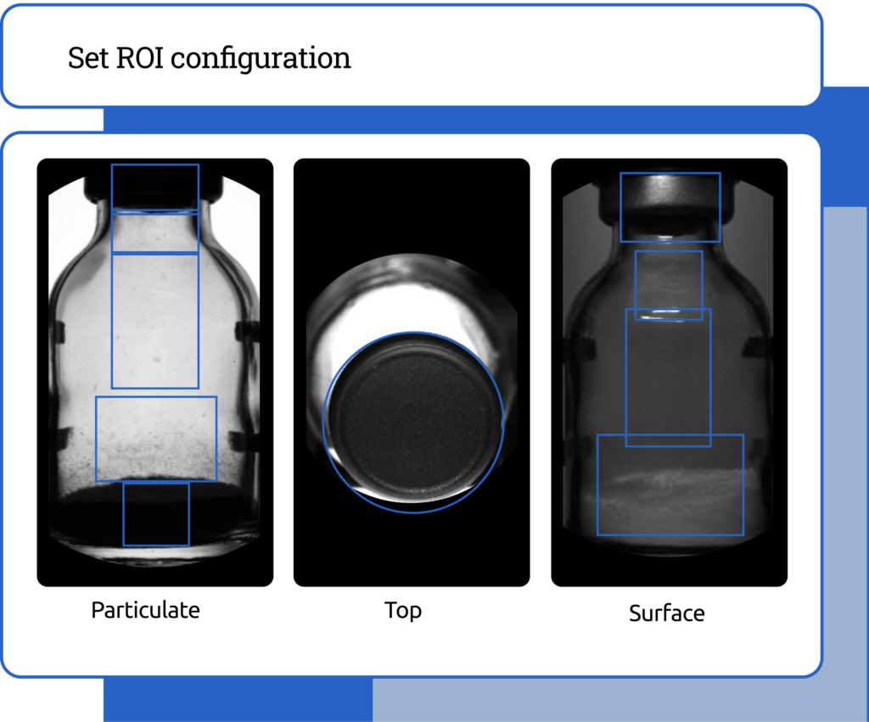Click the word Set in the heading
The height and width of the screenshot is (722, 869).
(x=88, y=58)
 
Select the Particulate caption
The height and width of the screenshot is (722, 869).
(x=145, y=610)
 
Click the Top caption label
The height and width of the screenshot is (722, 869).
(x=403, y=611)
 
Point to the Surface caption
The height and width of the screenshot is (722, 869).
(x=667, y=613)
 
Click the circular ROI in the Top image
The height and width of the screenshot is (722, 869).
(x=323, y=423)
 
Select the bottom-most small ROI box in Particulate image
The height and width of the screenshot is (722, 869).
(x=123, y=514)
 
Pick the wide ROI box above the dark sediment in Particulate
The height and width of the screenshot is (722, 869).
(x=96, y=439)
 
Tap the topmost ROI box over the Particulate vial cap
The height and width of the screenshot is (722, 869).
(x=112, y=188)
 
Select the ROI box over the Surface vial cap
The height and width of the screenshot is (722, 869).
(x=620, y=207)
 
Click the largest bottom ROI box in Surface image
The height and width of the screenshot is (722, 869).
(x=597, y=484)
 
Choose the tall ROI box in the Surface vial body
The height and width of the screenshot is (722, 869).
(x=626, y=378)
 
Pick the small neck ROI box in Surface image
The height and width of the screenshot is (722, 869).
(x=635, y=285)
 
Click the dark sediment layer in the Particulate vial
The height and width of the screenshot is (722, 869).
(x=155, y=510)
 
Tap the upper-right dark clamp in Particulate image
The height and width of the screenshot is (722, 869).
(x=247, y=331)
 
